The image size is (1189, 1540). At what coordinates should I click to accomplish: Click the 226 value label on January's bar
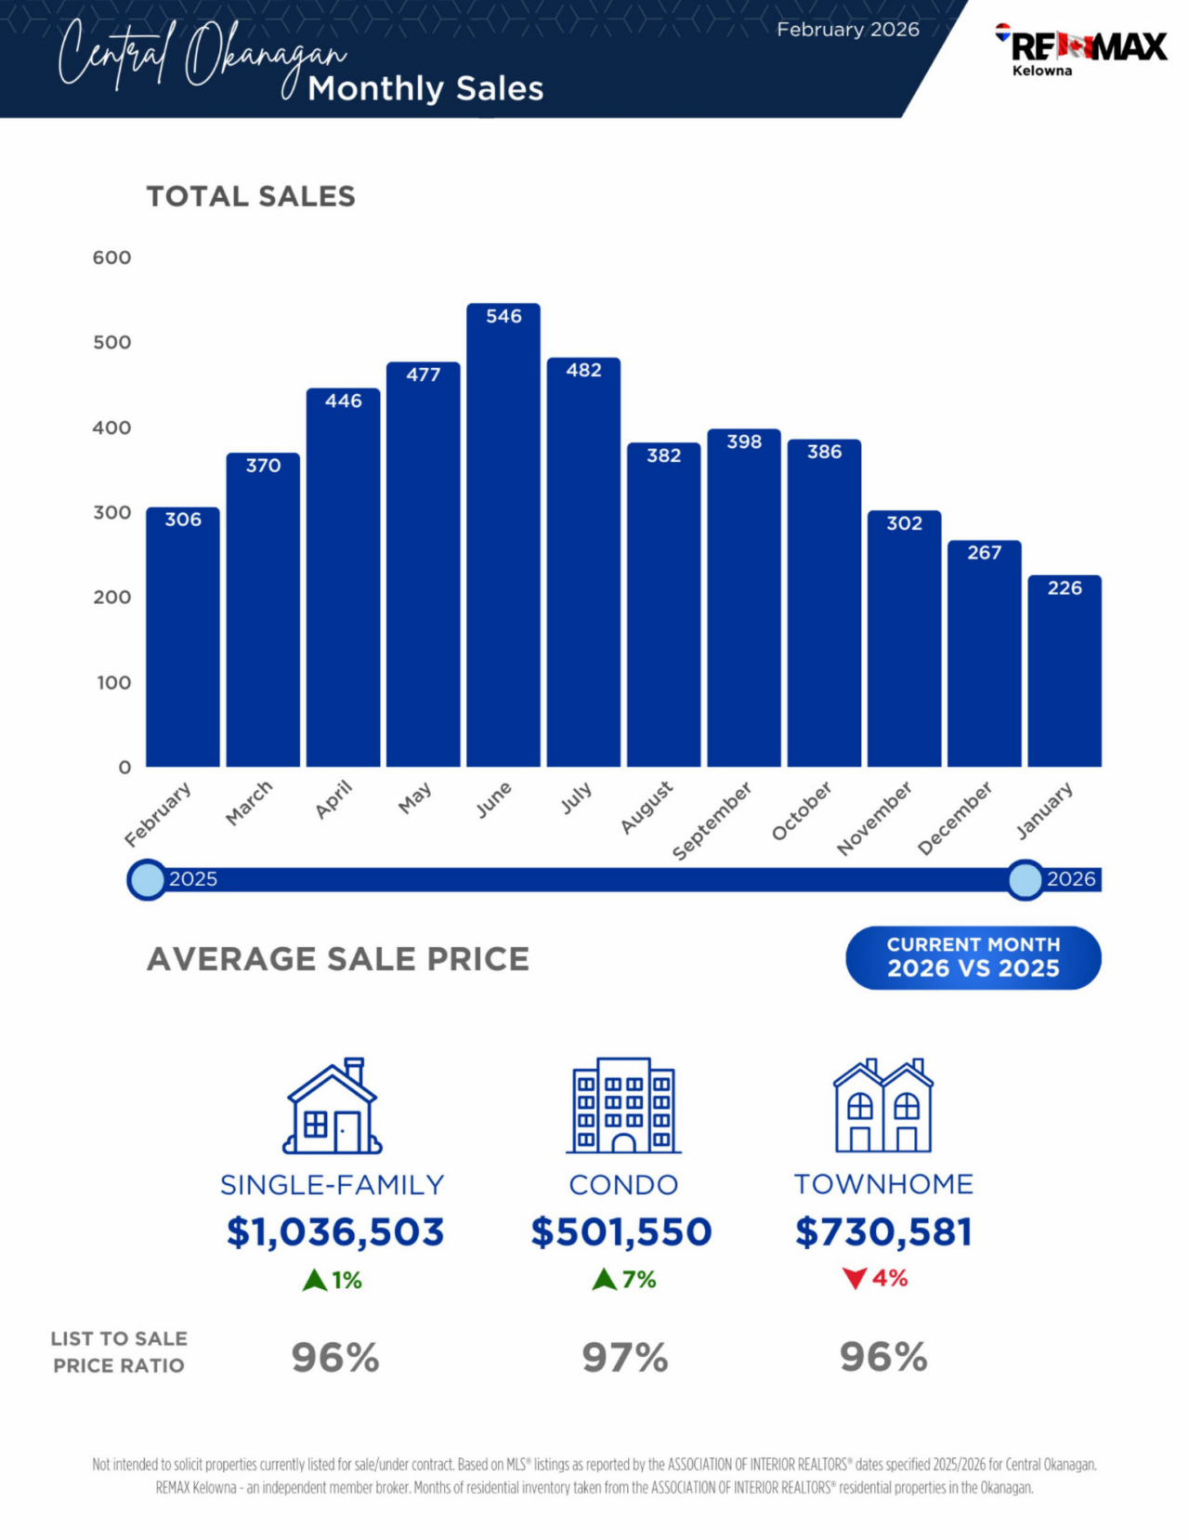tap(1065, 588)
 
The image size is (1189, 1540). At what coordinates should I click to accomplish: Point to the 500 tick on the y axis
tap(111, 342)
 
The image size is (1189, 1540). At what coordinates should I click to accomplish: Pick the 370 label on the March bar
tap(263, 466)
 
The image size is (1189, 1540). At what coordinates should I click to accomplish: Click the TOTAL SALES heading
tap(251, 196)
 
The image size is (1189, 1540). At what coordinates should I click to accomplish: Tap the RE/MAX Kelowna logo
tap(1082, 49)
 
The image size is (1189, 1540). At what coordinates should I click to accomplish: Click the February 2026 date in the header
tap(848, 30)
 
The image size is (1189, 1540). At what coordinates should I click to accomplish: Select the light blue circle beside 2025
tap(147, 879)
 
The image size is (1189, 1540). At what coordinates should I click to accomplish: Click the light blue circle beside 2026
tap(1026, 879)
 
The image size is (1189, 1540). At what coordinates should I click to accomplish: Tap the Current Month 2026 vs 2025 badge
tap(973, 957)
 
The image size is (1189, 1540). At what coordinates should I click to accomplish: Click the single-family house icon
tap(333, 1106)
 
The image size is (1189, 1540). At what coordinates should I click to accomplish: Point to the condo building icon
tap(623, 1106)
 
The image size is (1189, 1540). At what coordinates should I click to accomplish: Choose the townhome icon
tap(882, 1106)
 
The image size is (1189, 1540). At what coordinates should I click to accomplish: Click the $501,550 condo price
tap(621, 1232)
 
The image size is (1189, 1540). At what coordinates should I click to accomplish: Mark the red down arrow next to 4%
tap(855, 1279)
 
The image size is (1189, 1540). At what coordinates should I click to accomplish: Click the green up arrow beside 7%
tap(604, 1280)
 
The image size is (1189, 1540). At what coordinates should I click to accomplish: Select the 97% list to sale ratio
tap(624, 1358)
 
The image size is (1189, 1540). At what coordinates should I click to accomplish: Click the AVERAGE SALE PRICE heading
tap(338, 959)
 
